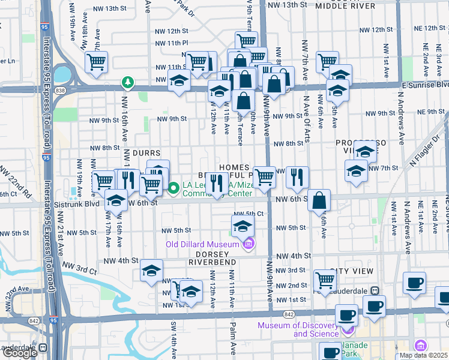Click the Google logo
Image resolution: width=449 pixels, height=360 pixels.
click(x=20, y=353)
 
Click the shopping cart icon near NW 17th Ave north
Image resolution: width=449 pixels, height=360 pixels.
click(x=96, y=62)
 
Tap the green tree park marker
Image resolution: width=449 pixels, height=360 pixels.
click(x=127, y=82)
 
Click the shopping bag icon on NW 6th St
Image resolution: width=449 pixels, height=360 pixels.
click(x=320, y=200)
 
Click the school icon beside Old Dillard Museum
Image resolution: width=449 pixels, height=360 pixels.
click(x=243, y=226)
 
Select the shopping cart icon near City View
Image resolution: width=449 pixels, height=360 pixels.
click(x=325, y=280)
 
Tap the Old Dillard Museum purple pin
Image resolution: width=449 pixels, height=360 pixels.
click(x=249, y=244)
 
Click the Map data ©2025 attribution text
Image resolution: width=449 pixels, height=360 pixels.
click(x=423, y=355)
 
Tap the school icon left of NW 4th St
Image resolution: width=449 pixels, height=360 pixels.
click(x=152, y=270)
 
